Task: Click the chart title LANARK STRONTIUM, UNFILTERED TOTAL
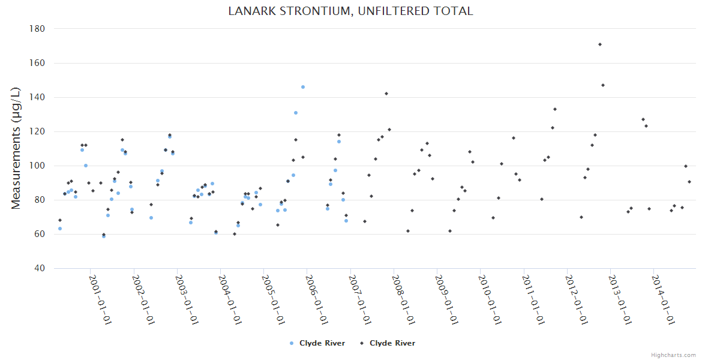(x=350, y=11)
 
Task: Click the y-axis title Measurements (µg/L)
(x=16, y=148)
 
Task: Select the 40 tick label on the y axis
(x=40, y=268)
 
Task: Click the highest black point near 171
(x=600, y=44)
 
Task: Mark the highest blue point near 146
(x=303, y=87)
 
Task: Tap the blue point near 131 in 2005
(x=296, y=113)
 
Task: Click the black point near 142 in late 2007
(x=386, y=94)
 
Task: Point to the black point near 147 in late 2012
(x=603, y=85)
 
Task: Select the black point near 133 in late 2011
(x=555, y=109)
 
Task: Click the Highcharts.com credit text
(x=673, y=355)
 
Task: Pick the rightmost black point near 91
(x=689, y=182)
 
